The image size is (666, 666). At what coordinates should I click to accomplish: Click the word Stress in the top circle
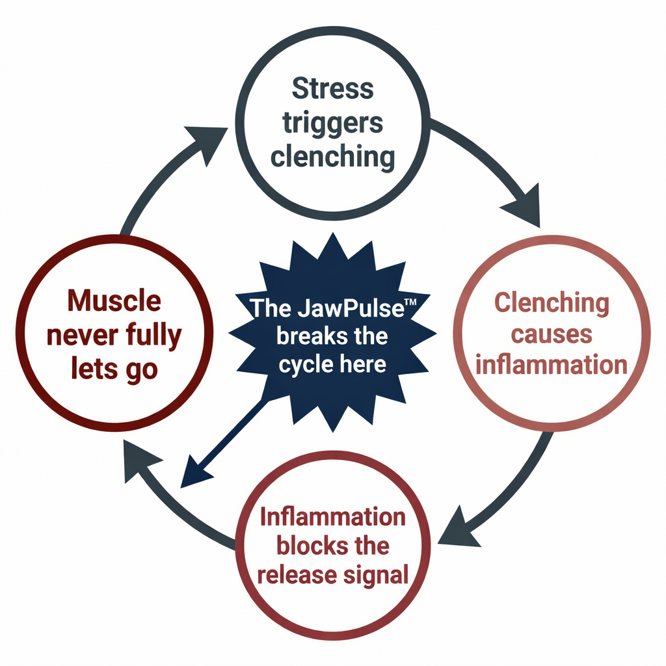pyautogui.click(x=333, y=88)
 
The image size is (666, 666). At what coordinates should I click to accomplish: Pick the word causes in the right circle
pyautogui.click(x=551, y=334)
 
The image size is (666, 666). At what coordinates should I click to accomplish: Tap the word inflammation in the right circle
pyautogui.click(x=552, y=365)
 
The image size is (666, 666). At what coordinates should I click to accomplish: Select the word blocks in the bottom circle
pyautogui.click(x=303, y=546)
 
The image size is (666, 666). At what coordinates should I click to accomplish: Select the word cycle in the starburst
pyautogui.click(x=304, y=364)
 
